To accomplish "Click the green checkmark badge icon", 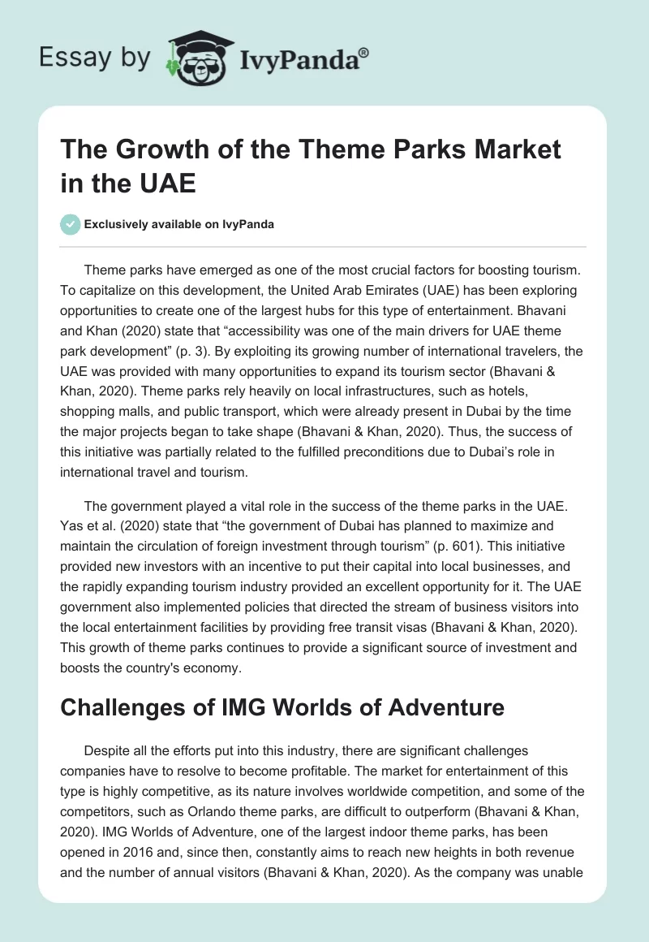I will [x=70, y=224].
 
